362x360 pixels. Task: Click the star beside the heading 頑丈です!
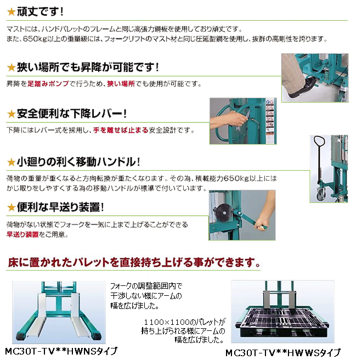pyautogui.click(x=11, y=12)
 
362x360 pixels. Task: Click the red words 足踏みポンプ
pyautogui.click(x=48, y=83)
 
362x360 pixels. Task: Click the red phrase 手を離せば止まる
pyautogui.click(x=121, y=130)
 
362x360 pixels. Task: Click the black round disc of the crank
pyautogui.click(x=222, y=212)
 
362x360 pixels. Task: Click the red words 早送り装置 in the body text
pyautogui.click(x=22, y=234)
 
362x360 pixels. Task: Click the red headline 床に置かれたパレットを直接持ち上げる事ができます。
pyautogui.click(x=134, y=262)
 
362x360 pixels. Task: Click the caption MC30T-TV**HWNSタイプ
pyautogui.click(x=61, y=351)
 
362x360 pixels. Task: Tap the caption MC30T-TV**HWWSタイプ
pyautogui.click(x=283, y=353)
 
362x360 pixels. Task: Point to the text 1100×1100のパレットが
pyautogui.click(x=185, y=322)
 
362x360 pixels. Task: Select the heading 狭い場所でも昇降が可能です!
pyautogui.click(x=88, y=67)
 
